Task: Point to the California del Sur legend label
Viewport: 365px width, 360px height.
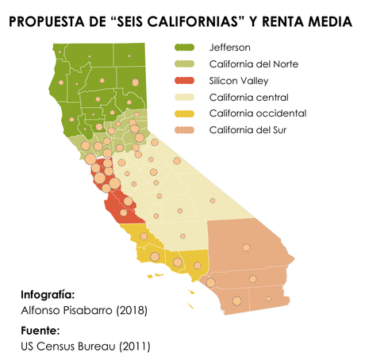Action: [248, 130]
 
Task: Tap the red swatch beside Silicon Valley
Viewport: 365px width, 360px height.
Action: [184, 80]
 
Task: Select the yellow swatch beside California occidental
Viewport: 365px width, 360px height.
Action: [184, 113]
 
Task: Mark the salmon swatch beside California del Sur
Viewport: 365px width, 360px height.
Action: [184, 130]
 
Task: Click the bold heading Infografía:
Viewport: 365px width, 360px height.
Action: [48, 293]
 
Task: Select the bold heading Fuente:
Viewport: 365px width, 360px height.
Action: [40, 331]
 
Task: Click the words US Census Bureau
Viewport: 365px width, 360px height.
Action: [65, 347]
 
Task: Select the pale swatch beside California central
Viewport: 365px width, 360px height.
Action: [184, 97]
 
